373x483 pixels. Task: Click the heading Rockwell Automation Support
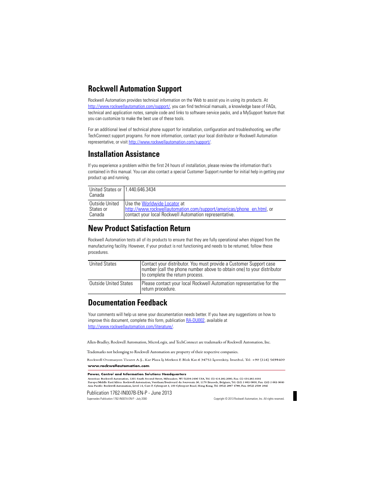[134, 89]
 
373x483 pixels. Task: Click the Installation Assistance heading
[124, 154]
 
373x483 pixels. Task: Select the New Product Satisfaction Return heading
[139, 228]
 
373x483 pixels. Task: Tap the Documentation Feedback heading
[127, 303]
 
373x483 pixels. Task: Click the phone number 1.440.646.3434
[140, 190]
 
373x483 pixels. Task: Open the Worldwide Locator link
[160, 204]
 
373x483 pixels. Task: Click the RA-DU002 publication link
[195, 320]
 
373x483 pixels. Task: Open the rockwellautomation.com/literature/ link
[130, 327]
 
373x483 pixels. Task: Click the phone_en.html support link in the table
[195, 209]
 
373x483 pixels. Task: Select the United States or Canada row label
[105, 192]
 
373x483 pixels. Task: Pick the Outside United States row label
[111, 284]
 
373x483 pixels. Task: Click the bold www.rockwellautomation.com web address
[118, 366]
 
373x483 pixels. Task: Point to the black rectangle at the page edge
[295, 396]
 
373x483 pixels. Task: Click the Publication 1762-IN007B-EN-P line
[129, 393]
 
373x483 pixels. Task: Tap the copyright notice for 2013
[249, 399]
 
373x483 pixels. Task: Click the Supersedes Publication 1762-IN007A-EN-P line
[117, 399]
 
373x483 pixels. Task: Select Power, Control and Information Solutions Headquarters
[137, 374]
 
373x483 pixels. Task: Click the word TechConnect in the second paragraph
[98, 136]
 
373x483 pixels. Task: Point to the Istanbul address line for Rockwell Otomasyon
[186, 360]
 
